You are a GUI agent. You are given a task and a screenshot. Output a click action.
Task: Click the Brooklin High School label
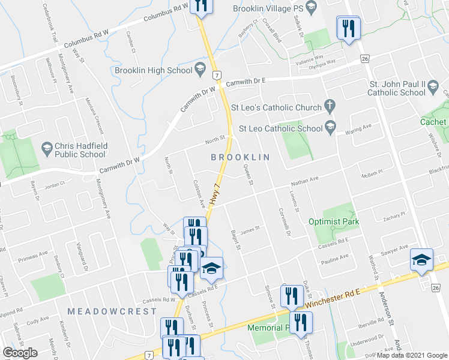pos(152,71)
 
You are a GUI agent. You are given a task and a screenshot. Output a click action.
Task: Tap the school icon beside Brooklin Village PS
pos(311,8)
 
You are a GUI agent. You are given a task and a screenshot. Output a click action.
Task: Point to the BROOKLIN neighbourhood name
pos(238,157)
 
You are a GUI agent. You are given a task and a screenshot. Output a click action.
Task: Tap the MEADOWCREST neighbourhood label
pos(112,311)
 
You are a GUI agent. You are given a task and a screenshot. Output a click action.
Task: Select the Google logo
pos(20,352)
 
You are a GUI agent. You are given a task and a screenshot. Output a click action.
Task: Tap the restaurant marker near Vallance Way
pos(348,28)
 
